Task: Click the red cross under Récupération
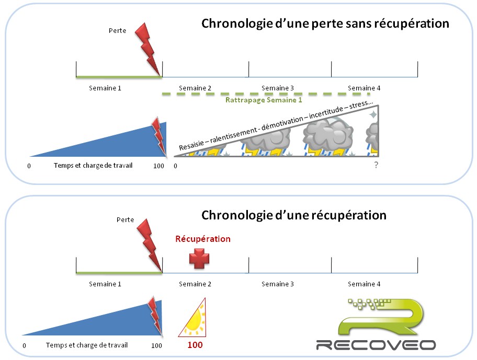click(x=199, y=259)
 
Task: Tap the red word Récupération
click(x=202, y=239)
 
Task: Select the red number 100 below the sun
click(x=195, y=345)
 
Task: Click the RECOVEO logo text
click(x=376, y=345)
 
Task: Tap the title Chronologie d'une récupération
click(x=294, y=215)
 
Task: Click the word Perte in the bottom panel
click(x=126, y=220)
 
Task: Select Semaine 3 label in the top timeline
click(x=278, y=88)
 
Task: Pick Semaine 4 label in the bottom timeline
click(x=364, y=284)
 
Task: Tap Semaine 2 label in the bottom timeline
click(x=195, y=284)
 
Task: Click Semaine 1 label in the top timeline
click(x=105, y=88)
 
